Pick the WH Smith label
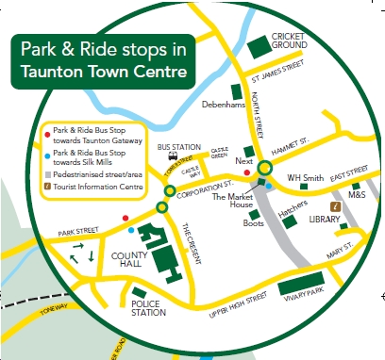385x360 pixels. tap(306, 177)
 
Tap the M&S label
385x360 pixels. tap(356, 195)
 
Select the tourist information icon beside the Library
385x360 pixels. tap(334, 205)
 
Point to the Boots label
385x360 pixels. tap(253, 223)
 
